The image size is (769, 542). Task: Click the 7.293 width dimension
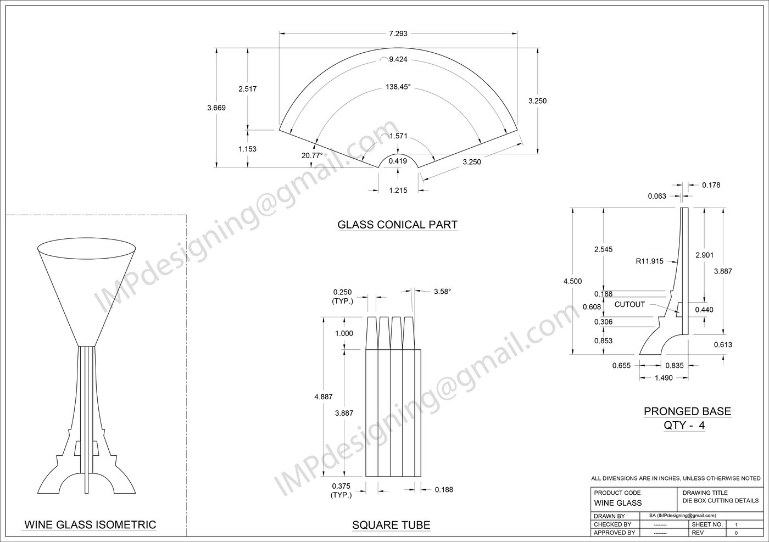pos(398,33)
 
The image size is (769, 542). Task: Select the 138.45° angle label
pos(398,87)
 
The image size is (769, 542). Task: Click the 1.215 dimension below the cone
pos(398,190)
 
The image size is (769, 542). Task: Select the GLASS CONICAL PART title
pos(397,225)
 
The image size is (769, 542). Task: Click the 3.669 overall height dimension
pos(216,108)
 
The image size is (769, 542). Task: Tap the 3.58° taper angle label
pos(442,292)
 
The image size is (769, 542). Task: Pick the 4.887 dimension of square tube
pos(323,396)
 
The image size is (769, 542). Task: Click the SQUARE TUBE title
pos(391,526)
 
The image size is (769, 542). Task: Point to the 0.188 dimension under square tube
pos(444,489)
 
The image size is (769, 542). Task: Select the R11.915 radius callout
pos(649,261)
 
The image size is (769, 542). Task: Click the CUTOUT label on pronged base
pos(629,304)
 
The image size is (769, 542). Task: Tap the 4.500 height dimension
pos(572,281)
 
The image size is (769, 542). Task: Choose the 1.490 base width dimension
pos(664,377)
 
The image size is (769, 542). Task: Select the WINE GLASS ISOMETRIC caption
pos(90,525)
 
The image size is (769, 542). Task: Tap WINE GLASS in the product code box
pos(617,503)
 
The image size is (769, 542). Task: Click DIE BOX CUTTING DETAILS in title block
pos(720,500)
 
